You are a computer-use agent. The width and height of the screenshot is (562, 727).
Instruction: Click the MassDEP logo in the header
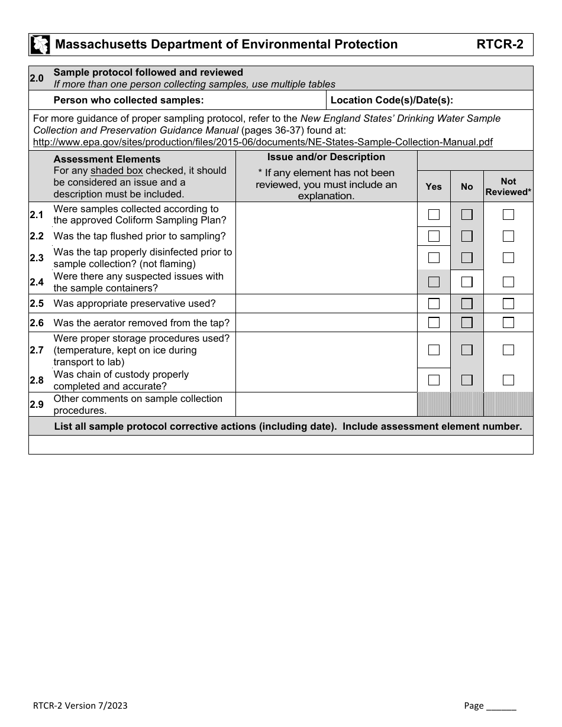point(40,44)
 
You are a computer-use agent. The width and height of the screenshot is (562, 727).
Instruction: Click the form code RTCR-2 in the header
point(499,44)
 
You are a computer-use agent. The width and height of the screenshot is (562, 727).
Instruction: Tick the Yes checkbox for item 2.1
point(434,215)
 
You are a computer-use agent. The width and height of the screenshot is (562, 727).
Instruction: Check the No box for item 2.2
point(467,236)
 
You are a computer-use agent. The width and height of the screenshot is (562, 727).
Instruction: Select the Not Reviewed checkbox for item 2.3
point(508,258)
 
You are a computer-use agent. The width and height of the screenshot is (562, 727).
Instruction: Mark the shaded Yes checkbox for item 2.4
point(434,282)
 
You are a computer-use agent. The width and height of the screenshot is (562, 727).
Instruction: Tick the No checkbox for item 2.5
point(467,304)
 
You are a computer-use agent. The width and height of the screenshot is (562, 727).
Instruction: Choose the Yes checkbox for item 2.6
point(434,323)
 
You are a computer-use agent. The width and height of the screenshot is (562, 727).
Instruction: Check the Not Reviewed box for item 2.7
point(508,350)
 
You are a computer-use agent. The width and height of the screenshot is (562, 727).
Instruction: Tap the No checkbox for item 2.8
point(467,380)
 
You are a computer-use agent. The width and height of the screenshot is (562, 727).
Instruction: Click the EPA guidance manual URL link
point(263,142)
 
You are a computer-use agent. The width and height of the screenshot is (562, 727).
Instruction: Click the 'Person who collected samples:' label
point(128,100)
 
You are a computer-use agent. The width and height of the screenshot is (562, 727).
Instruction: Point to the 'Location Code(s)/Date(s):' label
point(392,100)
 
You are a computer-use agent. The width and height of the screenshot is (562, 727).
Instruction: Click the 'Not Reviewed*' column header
point(508,187)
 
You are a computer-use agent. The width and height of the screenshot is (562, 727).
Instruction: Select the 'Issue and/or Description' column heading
point(326,157)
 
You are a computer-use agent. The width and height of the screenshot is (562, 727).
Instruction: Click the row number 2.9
point(37,405)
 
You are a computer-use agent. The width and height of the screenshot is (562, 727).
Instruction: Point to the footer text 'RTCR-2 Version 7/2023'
point(80,706)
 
